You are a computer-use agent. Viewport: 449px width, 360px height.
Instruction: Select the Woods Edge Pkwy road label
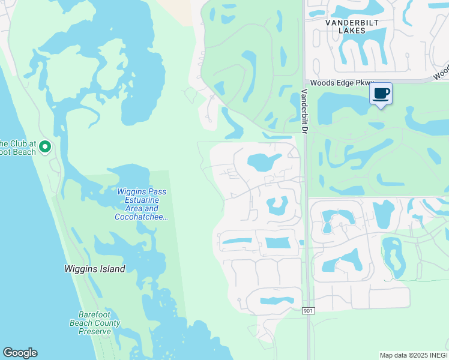coord(342,83)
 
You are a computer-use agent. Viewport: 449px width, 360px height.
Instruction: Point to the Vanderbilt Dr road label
coord(304,112)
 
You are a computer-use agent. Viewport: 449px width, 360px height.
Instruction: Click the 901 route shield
coord(308,310)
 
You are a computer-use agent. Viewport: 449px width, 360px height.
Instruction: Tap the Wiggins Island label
coord(95,269)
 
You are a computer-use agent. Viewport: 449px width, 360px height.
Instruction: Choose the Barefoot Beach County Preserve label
coord(98,323)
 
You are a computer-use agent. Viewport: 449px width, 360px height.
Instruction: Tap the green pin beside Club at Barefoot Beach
coord(45,147)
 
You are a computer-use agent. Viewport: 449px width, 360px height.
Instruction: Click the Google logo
coord(20,353)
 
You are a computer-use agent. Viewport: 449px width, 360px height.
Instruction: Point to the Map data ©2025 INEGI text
coord(413,355)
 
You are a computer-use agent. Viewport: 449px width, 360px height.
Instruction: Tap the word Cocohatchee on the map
coord(140,217)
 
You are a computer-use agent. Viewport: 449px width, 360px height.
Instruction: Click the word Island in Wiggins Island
coord(112,269)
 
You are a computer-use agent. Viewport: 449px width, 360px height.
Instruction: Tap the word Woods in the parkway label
coord(321,83)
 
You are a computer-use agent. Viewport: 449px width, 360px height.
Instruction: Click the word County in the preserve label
coord(108,323)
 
